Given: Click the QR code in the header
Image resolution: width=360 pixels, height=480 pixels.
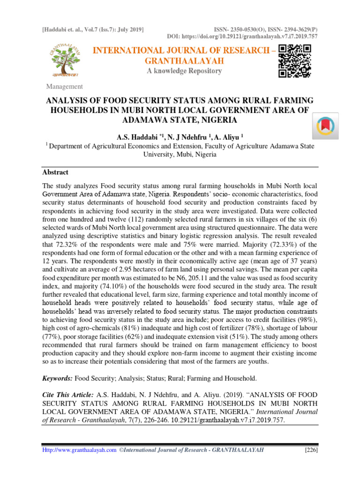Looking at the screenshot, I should tap(294, 61).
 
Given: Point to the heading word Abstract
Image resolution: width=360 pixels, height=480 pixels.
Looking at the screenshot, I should tap(55, 172).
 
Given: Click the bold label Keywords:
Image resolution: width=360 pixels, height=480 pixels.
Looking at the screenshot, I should tap(58, 378).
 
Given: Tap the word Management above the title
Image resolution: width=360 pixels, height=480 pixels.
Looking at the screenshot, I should tap(64, 86).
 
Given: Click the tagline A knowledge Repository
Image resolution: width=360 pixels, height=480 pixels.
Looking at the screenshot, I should tap(184, 71).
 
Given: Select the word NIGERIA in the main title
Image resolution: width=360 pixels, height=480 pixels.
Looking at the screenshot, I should tap(217, 120).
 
